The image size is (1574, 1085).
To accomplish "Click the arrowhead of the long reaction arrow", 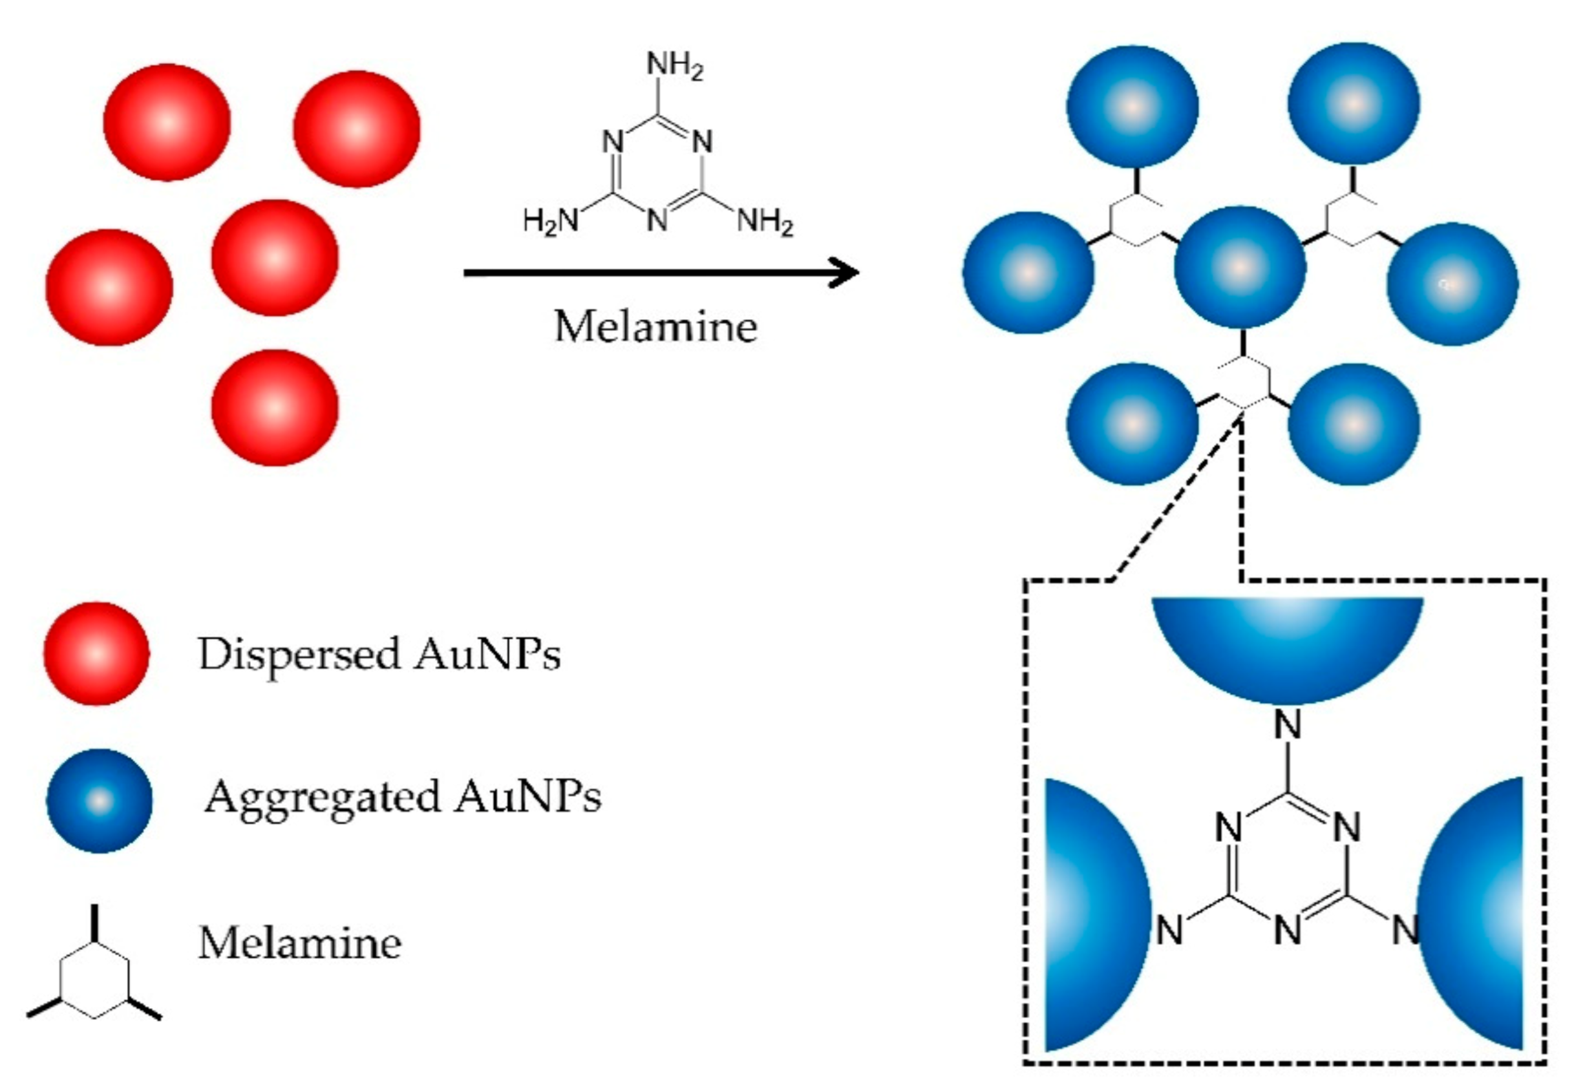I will click(x=847, y=273).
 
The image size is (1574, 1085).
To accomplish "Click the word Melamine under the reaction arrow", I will click(x=655, y=327).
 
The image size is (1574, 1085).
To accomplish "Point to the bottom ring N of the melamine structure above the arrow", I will click(x=657, y=220).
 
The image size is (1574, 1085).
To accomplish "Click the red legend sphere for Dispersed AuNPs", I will click(x=96, y=653).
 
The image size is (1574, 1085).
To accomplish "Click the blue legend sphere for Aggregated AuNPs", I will click(x=100, y=800).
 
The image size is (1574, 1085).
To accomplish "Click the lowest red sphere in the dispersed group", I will click(x=274, y=408).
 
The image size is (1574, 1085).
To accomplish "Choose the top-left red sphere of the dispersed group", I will click(x=167, y=122).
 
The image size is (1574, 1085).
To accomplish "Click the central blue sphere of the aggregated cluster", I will click(x=1239, y=267).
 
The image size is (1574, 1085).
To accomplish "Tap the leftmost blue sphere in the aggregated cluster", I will click(x=1028, y=272).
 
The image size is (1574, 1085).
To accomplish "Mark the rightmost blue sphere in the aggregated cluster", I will click(x=1452, y=284).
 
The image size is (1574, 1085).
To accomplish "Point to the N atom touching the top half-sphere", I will click(x=1287, y=724).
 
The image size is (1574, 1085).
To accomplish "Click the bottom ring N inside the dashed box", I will click(x=1287, y=930).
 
